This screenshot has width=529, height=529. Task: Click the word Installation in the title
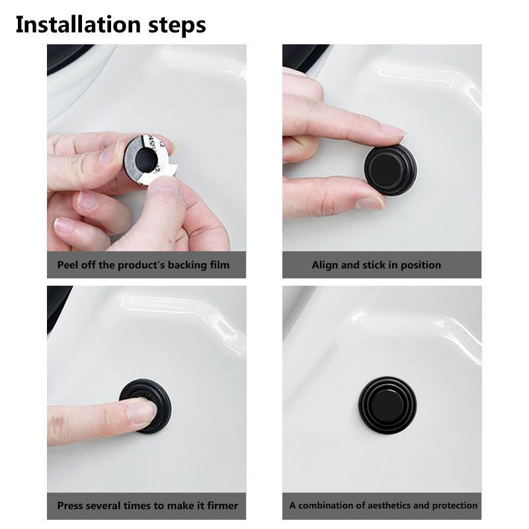(78, 24)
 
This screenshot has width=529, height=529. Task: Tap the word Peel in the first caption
(65, 265)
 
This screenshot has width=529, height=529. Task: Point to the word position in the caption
(421, 266)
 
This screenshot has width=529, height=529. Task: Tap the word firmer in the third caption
(223, 506)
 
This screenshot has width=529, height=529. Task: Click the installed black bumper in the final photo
(387, 405)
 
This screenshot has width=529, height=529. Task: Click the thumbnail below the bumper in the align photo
(371, 203)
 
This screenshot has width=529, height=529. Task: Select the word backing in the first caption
(187, 266)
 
